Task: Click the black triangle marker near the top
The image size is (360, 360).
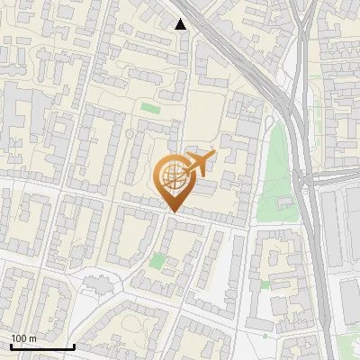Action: point(181,24)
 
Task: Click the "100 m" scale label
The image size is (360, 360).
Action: point(23,338)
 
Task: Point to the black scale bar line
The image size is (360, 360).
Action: point(42,346)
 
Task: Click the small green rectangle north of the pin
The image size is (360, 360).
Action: point(148,110)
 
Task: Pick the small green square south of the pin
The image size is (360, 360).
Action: point(158,261)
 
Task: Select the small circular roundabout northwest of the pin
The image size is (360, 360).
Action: point(130,134)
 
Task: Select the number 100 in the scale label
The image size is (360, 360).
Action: point(19,338)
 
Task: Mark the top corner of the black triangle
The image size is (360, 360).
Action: point(181,19)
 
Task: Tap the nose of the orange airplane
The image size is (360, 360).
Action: point(212,154)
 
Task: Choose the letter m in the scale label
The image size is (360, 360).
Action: point(32,338)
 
